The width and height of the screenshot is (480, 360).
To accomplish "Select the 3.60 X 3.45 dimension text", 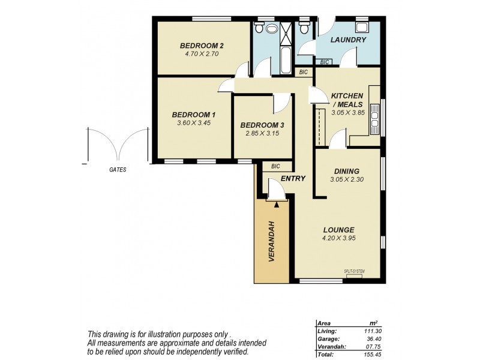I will click(193, 123).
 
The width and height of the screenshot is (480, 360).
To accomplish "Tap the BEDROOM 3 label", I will click(262, 125).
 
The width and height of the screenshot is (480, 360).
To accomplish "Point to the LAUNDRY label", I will click(347, 40).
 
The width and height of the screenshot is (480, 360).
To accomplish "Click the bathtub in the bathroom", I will click(284, 62).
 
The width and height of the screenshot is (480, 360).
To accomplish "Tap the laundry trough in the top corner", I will click(362, 27).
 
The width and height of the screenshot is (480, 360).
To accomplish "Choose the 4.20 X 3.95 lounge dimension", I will click(338, 238).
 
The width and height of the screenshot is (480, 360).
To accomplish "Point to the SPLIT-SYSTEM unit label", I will click(354, 271).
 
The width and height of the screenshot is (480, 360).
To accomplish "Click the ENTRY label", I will click(293, 178).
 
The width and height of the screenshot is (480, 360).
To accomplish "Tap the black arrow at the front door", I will click(276, 205).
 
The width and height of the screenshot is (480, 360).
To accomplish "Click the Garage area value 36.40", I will click(374, 338).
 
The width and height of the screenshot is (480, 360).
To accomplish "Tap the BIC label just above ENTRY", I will click(276, 166).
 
